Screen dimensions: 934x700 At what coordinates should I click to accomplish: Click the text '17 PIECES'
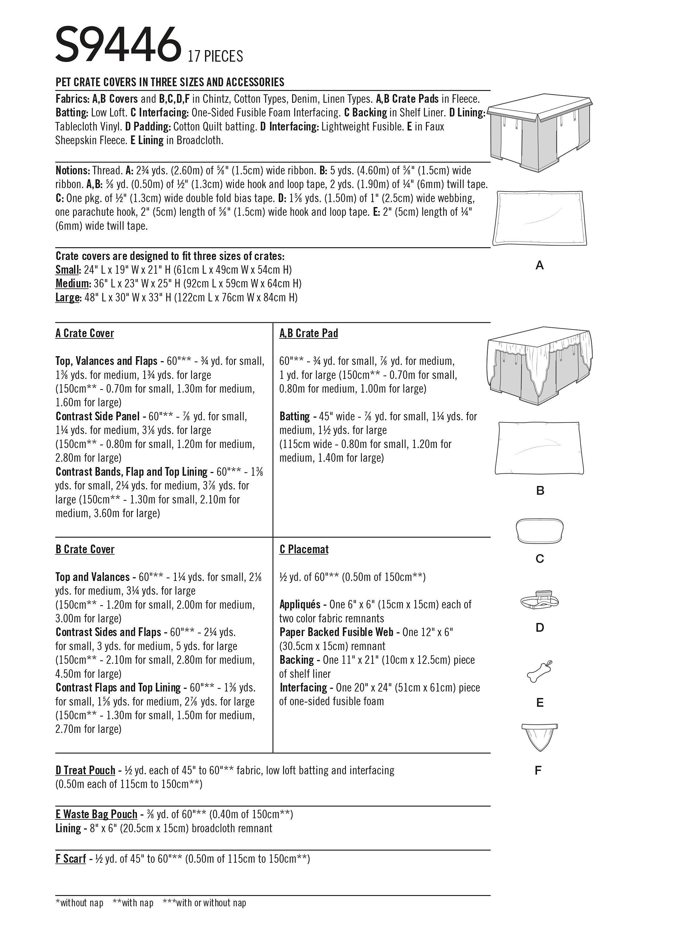(x=215, y=56)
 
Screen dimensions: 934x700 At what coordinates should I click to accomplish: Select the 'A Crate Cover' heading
(x=84, y=333)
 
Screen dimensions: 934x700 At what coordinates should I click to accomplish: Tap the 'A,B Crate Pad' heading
(x=308, y=333)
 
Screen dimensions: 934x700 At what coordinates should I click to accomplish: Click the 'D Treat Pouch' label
(x=85, y=770)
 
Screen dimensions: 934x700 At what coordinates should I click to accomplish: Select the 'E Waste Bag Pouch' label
(x=96, y=814)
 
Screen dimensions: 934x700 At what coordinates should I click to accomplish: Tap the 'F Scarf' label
(x=70, y=859)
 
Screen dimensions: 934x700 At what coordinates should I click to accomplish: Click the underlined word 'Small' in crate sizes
(x=68, y=270)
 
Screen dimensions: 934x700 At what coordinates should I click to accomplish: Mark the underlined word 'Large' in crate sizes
(x=68, y=298)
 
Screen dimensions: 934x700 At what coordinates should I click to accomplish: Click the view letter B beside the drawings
(x=540, y=491)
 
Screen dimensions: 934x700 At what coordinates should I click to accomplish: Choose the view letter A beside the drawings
(x=539, y=266)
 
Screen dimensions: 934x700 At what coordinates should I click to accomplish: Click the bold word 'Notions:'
(x=72, y=171)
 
